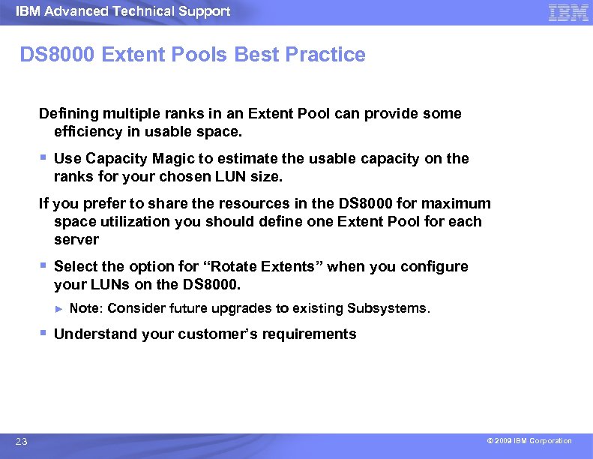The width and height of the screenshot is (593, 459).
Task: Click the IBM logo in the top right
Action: point(568,13)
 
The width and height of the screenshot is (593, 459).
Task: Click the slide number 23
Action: point(21,442)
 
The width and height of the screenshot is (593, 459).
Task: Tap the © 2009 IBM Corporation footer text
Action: point(529,441)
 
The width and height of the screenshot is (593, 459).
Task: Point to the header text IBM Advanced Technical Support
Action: point(123,11)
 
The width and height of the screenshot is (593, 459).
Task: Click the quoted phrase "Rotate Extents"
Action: point(265,267)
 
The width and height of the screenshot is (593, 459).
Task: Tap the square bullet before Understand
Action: point(43,333)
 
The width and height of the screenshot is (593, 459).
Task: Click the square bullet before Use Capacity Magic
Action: point(43,157)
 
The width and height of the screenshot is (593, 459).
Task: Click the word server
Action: point(76,240)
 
